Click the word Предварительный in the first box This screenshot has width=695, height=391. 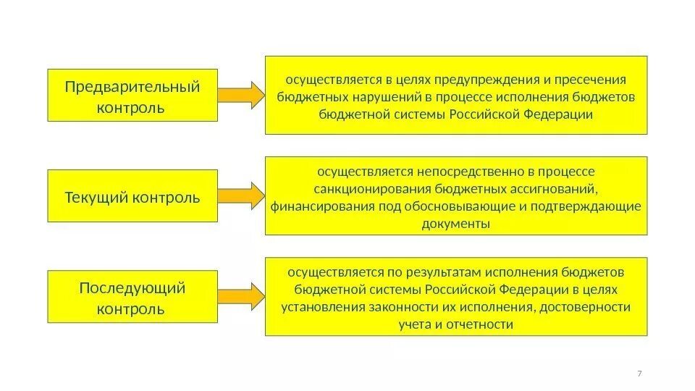132,88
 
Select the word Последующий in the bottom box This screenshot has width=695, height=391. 132,288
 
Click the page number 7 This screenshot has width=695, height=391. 639,373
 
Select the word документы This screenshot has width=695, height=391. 455,224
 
